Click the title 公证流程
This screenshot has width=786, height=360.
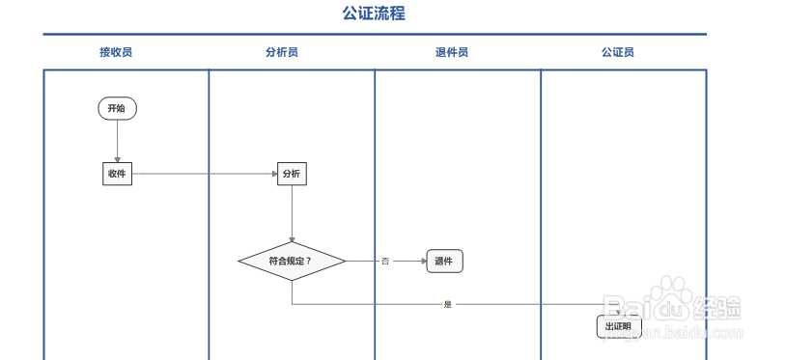click(374, 14)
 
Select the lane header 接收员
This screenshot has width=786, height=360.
click(116, 52)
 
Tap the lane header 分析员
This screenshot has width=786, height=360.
click(282, 52)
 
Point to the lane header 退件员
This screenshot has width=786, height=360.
click(452, 52)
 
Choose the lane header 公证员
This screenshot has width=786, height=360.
click(618, 52)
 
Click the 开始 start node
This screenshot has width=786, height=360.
click(117, 109)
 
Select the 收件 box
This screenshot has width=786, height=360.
click(117, 174)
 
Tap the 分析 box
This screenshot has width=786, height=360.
click(292, 174)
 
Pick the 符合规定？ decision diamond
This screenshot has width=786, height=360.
click(292, 261)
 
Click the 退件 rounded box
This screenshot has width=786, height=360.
click(444, 261)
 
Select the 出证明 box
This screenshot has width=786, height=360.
click(618, 326)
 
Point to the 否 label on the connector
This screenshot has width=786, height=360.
click(384, 261)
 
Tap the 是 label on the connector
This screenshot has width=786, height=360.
click(447, 304)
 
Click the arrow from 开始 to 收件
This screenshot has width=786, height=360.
click(117, 141)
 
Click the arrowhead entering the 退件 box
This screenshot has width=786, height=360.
click(422, 261)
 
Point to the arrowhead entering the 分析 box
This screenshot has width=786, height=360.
click(273, 174)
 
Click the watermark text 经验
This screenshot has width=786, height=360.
click(717, 309)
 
